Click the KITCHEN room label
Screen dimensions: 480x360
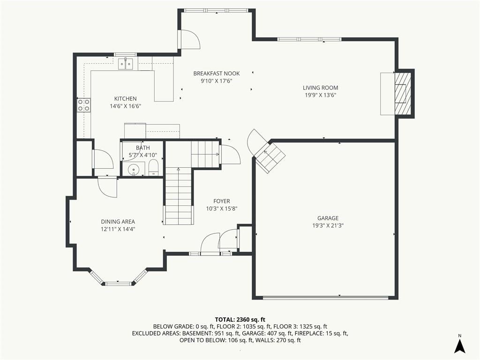[125, 98]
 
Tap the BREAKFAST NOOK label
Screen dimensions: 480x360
[217, 74]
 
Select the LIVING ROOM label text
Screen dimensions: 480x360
[321, 88]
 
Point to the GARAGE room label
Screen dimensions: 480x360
[328, 218]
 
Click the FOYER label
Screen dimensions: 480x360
[222, 201]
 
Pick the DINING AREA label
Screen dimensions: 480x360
[118, 222]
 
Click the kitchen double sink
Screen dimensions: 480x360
[126, 64]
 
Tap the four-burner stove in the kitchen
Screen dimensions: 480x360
[83, 105]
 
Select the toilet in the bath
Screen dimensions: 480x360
[153, 168]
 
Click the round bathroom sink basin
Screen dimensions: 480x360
[134, 169]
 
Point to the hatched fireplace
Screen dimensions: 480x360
[402, 93]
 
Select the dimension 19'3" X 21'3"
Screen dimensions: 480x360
[328, 225]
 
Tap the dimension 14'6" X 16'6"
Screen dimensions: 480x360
[125, 106]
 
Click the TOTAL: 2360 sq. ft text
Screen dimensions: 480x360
[240, 320]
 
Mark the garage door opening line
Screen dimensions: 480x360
[326, 297]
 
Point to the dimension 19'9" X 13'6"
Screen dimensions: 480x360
[321, 95]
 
